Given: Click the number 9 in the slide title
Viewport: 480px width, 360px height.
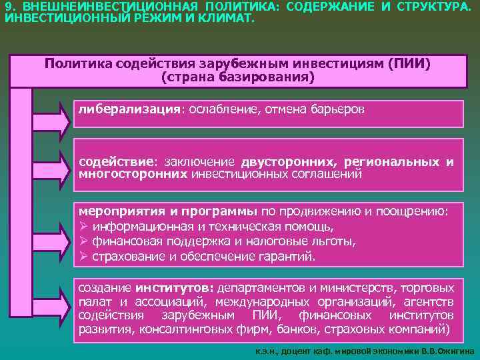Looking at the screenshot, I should click(8, 5).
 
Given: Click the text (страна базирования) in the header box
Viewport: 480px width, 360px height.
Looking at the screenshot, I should click(237, 77).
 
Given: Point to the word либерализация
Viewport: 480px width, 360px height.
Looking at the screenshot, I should click(129, 109).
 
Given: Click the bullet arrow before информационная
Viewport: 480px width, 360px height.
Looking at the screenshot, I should click(84, 227).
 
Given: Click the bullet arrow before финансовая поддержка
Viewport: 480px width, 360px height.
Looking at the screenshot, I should click(84, 241).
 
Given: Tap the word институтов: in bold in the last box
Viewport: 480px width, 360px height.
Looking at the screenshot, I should click(173, 288).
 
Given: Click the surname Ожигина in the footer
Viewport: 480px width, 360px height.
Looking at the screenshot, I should click(455, 350).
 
